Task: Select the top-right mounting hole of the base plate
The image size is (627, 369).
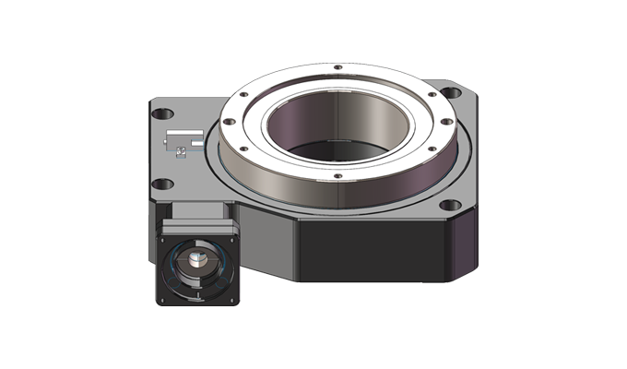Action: click(454, 92)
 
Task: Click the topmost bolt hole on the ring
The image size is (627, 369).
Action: click(337, 67)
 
